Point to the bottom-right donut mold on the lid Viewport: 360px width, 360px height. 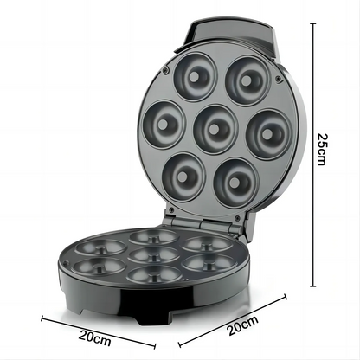[234, 177]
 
